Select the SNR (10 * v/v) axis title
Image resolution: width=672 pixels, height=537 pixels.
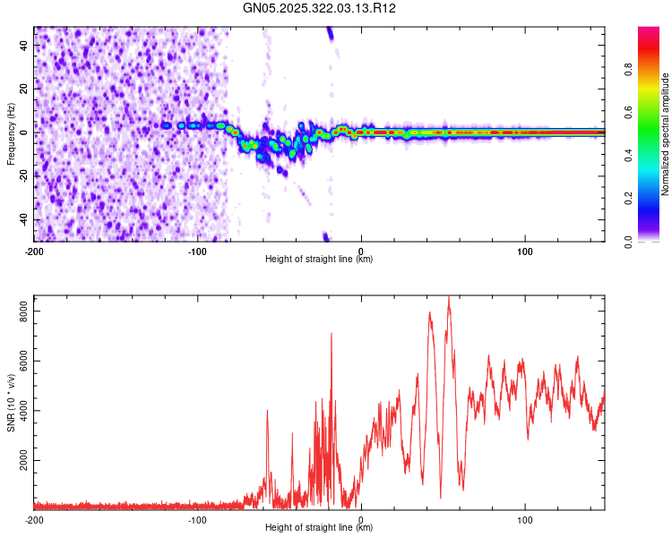pyautogui.click(x=11, y=403)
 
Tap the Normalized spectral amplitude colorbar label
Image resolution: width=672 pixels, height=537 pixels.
pyautogui.click(x=665, y=134)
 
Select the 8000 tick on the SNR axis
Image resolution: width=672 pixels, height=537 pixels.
pyautogui.click(x=20, y=311)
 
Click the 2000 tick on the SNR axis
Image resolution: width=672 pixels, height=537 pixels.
pyautogui.click(x=20, y=461)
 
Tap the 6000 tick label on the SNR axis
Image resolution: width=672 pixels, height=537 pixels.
pyautogui.click(x=20, y=361)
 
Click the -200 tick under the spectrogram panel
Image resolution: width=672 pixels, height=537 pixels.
pyautogui.click(x=34, y=250)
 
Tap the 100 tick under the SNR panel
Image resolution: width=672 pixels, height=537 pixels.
pyautogui.click(x=524, y=519)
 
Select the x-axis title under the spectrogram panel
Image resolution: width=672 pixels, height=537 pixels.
pyautogui.click(x=319, y=260)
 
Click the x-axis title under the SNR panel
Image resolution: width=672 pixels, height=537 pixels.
pyautogui.click(x=319, y=529)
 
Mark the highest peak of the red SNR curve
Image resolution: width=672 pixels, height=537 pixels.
pyautogui.click(x=449, y=297)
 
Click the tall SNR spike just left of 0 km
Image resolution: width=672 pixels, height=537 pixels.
pyautogui.click(x=332, y=334)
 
